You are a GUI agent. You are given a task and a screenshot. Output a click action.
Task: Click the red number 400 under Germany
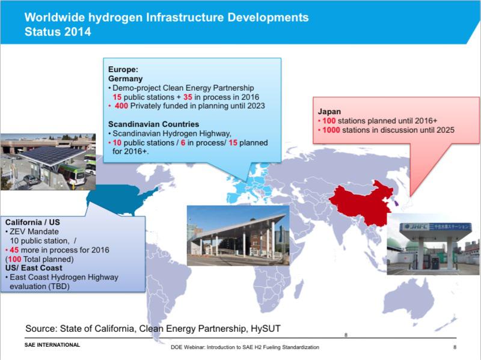coord(121,106)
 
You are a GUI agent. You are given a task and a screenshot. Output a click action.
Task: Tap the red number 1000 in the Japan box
coord(331,130)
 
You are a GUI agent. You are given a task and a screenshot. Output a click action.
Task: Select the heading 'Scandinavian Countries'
coord(154,124)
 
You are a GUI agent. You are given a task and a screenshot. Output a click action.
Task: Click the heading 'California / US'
coord(32,222)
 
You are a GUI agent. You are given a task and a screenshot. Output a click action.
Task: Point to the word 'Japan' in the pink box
coord(329,112)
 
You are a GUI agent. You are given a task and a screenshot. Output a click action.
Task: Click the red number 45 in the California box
coord(14,250)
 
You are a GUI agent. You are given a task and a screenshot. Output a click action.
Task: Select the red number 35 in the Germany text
coord(188,97)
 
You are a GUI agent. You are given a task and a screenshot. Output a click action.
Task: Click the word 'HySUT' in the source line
coord(266,329)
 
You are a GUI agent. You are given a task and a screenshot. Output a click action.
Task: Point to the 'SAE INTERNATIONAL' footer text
coord(52,345)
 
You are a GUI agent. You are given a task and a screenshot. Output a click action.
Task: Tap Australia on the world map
coord(409,299)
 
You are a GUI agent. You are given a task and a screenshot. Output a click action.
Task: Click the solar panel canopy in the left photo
coord(52,155)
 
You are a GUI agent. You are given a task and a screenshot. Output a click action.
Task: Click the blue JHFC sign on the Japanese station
coord(435,227)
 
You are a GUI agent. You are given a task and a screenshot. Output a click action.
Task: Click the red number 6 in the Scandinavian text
coord(183,142)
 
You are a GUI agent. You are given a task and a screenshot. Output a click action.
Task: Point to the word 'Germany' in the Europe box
coord(126,79)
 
